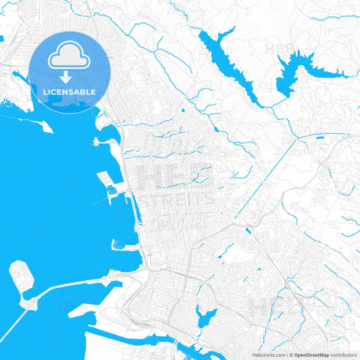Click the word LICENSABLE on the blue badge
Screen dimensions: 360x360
tap(70, 91)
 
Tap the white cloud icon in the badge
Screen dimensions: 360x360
tap(70, 57)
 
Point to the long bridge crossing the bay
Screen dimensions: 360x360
tap(74, 287)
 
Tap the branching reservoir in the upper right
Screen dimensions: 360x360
tap(297, 70)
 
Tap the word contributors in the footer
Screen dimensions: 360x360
tap(343, 354)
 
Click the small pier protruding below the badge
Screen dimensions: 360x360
tap(105, 142)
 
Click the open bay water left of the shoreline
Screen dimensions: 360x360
tap(54, 203)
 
